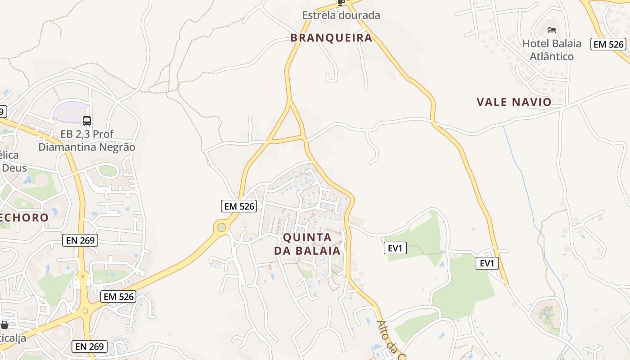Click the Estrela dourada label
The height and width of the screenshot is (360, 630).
tap(341, 15)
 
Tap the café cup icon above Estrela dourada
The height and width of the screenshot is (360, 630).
tap(341, 2)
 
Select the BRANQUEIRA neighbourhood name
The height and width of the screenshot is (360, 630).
tap(331, 38)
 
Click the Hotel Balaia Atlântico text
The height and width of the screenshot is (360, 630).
tap(551, 50)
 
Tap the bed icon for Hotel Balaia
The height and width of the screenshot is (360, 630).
tap(552, 30)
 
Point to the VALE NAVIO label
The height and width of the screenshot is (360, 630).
tap(514, 102)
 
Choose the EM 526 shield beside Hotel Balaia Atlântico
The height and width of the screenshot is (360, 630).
tap(608, 44)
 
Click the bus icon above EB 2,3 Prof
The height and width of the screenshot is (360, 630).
tap(87, 121)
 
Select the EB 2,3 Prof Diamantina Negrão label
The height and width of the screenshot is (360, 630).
tap(86, 140)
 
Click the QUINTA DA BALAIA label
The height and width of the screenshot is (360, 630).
tap(307, 244)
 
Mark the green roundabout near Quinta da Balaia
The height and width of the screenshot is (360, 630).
tap(221, 227)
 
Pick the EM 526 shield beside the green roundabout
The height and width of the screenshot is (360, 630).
tap(239, 207)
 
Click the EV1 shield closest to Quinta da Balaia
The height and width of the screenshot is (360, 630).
tap(395, 248)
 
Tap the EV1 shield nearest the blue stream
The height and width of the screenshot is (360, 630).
tap(487, 263)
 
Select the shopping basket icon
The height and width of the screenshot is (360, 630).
tap(4, 325)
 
